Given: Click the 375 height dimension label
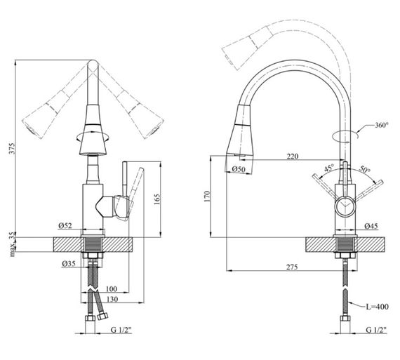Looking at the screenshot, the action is pyautogui.click(x=13, y=148).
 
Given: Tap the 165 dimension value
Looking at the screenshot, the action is pyautogui.click(x=157, y=199).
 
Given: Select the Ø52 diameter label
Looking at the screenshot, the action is pyautogui.click(x=65, y=225).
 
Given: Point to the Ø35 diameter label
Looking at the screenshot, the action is pyautogui.click(x=69, y=263).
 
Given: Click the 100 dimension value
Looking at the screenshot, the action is pyautogui.click(x=111, y=289).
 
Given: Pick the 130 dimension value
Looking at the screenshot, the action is pyautogui.click(x=112, y=299).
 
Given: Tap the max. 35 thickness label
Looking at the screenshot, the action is pyautogui.click(x=13, y=245).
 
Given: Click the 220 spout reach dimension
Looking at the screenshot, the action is pyautogui.click(x=293, y=156).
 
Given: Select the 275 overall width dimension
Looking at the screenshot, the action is pyautogui.click(x=292, y=267).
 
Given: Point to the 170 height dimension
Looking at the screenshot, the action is pyautogui.click(x=206, y=196).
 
